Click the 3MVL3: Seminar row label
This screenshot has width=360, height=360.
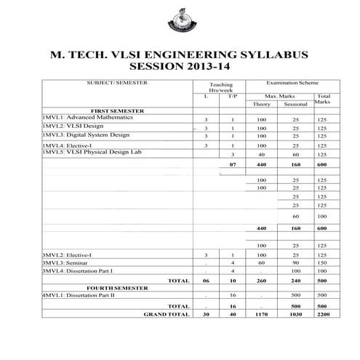point(61,262)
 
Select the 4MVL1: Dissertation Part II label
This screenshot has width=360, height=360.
point(77,296)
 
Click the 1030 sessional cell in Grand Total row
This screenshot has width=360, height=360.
point(295,316)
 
